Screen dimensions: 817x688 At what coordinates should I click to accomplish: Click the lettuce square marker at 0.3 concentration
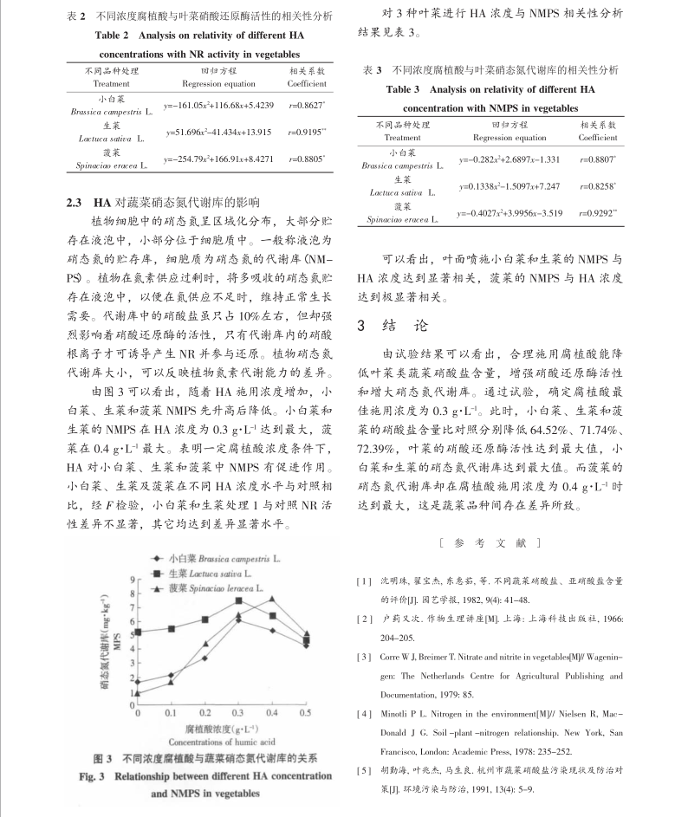coord(239,600)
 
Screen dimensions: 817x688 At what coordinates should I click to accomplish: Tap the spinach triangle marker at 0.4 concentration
coord(272,599)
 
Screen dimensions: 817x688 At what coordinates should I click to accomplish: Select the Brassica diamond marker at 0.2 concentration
coord(205,658)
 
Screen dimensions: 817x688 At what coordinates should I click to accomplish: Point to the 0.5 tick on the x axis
coord(305,712)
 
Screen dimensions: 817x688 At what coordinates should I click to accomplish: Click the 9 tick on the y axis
coord(133,579)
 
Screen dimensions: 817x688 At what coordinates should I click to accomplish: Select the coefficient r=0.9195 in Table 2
coord(306,130)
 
